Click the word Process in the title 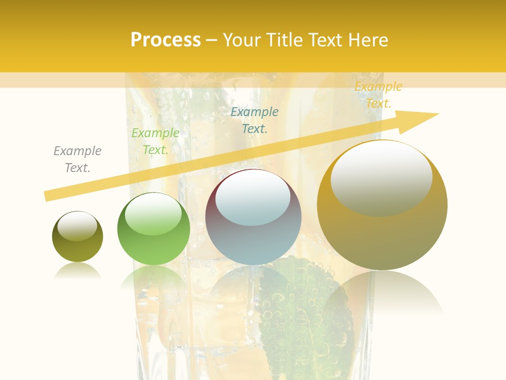coord(166,40)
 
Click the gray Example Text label coord(77,159)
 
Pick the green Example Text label coord(155,141)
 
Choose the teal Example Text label coord(255,120)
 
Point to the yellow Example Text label coord(378,95)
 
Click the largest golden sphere coord(382,237)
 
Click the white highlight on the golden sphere coord(381,177)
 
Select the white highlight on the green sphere coord(153,213)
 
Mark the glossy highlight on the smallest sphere coord(77,226)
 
